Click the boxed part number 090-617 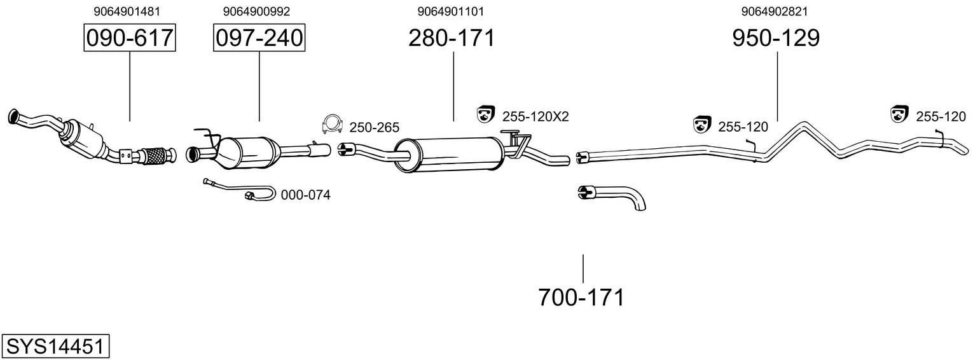[x=130, y=38]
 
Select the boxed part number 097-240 [x=259, y=38]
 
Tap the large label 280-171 [x=452, y=38]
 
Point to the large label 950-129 [x=776, y=38]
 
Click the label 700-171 [x=581, y=298]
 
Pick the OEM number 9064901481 [x=127, y=11]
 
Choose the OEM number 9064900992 [x=256, y=11]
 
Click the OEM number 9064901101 [x=450, y=11]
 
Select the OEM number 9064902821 [x=775, y=11]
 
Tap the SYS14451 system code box [x=55, y=347]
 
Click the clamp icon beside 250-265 [x=333, y=125]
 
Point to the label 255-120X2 [x=535, y=117]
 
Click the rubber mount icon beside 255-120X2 [x=486, y=114]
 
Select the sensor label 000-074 [x=305, y=195]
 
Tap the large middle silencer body [x=449, y=155]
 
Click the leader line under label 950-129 [x=776, y=87]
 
